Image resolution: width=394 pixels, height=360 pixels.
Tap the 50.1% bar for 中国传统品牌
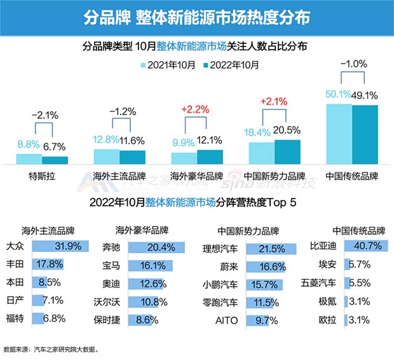click(x=339, y=134)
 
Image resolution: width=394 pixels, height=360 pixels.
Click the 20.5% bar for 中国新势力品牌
click(x=287, y=152)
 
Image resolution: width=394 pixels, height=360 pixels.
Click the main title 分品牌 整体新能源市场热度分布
click(x=197, y=17)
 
